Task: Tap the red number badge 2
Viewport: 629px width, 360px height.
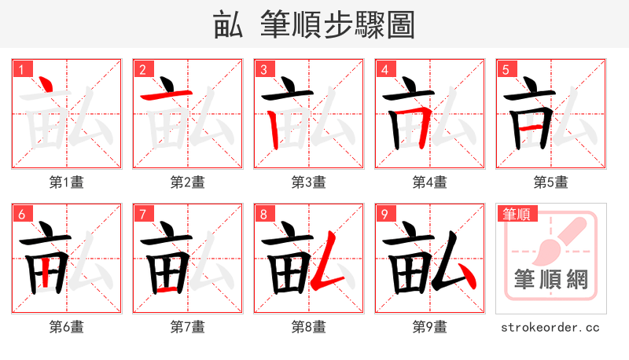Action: tap(142, 69)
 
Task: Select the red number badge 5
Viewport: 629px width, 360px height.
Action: tap(506, 69)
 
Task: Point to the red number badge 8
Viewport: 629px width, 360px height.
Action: tap(263, 214)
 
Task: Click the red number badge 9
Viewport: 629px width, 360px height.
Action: tap(384, 214)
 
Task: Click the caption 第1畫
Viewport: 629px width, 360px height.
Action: tap(67, 182)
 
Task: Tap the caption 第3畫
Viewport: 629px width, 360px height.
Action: tap(309, 182)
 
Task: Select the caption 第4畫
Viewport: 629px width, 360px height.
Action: tap(430, 182)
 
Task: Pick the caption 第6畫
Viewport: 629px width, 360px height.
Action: tap(67, 327)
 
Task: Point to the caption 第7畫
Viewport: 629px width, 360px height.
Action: tap(188, 327)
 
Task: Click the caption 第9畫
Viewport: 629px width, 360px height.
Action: tap(430, 327)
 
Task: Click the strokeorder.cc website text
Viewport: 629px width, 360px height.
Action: tap(551, 327)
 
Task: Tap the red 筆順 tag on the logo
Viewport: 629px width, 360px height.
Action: tap(517, 214)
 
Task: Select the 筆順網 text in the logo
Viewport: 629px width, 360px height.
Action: tap(551, 279)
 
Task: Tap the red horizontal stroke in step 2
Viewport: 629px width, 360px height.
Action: tap(166, 95)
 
